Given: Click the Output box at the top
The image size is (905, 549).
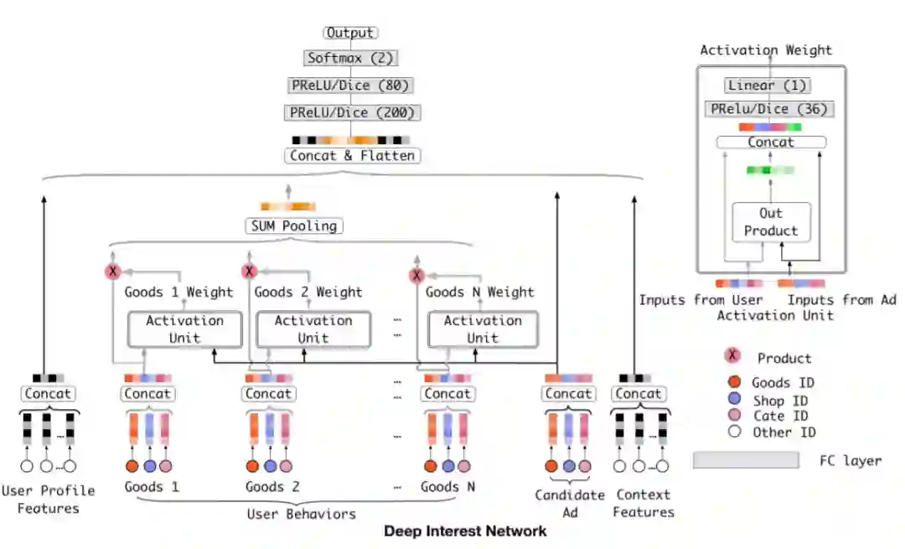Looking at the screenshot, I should point(350,33).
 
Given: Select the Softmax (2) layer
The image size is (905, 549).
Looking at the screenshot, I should point(350,58).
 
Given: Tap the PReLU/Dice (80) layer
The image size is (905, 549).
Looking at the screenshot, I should point(350,85).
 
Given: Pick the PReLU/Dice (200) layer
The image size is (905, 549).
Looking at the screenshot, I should point(350,111).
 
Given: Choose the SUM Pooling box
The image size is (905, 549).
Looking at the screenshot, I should point(292,225).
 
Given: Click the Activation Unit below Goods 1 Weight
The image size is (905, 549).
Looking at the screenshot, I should point(184,329).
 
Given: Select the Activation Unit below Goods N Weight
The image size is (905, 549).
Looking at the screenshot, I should point(482,329).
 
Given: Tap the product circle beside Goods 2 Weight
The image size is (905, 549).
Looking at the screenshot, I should point(248,272).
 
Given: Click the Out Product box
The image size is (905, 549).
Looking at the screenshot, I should point(771,222).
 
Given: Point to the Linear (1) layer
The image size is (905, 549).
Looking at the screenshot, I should point(768,85).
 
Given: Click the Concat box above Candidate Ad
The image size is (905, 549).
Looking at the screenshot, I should point(568,394).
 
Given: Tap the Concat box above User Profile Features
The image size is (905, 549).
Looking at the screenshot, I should point(48,394).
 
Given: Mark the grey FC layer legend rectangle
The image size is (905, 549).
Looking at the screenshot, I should point(746,459).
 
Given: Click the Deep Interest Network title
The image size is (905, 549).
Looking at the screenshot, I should point(465,531).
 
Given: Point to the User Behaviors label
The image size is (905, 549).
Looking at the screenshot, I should point(301,514).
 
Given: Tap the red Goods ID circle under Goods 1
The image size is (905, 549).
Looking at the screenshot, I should point(132,466).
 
